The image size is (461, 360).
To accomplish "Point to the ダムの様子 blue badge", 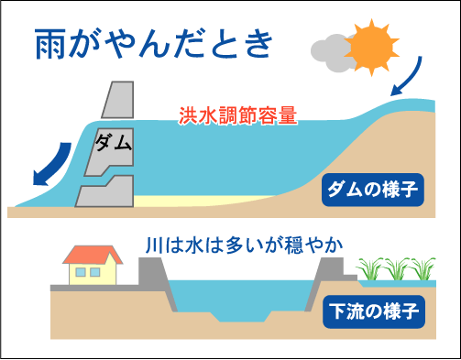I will pos(370,190).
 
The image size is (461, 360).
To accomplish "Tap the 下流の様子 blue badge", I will pos(370,308).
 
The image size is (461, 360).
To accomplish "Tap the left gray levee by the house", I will pos(152,272).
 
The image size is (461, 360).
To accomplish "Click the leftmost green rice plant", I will pos(369,269).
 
